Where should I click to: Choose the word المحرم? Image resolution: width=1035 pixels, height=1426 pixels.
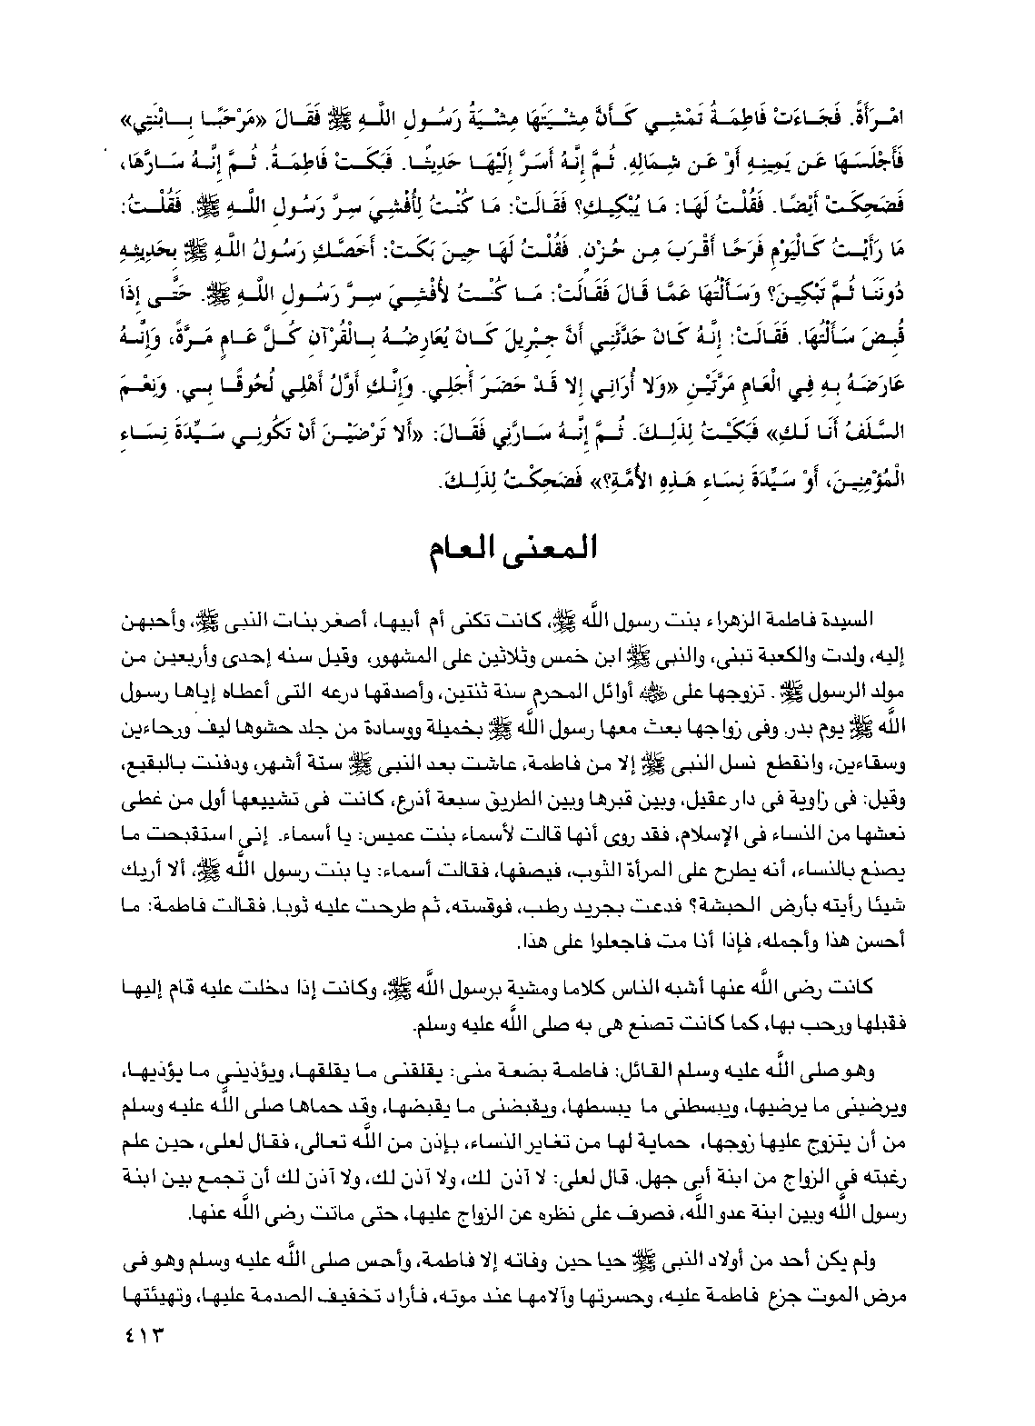[x=566, y=678]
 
